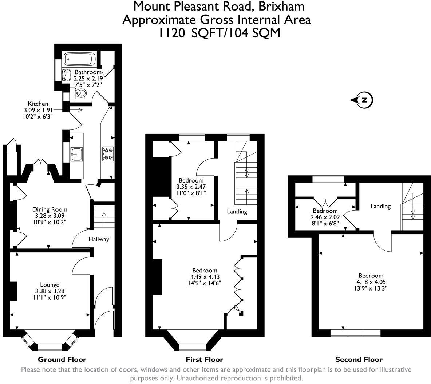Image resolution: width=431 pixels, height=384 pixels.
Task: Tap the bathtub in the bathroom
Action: point(79,59)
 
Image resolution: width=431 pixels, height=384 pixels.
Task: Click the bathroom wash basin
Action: point(67,75)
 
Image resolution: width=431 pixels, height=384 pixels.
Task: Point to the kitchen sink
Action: point(76,154)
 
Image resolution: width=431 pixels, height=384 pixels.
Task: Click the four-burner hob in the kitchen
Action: point(107,153)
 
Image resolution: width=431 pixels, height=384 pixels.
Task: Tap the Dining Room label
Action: point(50,209)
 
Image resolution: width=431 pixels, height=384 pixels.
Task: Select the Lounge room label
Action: point(50,285)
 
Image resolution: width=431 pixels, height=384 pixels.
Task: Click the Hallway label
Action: point(99,239)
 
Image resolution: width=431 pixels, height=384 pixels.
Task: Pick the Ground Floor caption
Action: point(62,360)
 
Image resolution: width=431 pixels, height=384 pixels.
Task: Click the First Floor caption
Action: point(204,360)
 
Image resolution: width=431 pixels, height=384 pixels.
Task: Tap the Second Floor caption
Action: point(359,360)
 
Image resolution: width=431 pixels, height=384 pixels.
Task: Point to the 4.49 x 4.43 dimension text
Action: point(204,276)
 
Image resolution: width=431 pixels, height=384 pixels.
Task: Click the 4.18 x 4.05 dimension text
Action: point(371,282)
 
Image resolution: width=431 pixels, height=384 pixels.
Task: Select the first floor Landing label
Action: point(237,211)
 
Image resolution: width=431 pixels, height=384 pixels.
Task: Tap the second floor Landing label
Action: point(380,206)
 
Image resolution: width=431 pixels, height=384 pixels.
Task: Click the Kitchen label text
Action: point(38,104)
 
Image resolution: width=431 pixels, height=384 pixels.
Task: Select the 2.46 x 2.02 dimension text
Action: point(325,217)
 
